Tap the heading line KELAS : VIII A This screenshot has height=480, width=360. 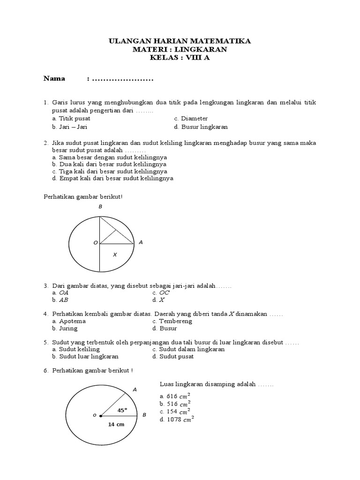180,58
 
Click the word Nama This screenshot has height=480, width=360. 54,78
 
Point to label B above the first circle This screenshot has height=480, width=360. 100,207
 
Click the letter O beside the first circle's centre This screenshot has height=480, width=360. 95,243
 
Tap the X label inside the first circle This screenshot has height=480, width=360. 114,255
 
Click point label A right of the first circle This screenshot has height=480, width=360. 141,242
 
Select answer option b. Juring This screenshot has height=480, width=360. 65,328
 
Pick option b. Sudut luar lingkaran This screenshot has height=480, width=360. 85,356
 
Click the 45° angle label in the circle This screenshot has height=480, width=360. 122,410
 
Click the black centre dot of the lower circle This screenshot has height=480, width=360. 100,415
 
